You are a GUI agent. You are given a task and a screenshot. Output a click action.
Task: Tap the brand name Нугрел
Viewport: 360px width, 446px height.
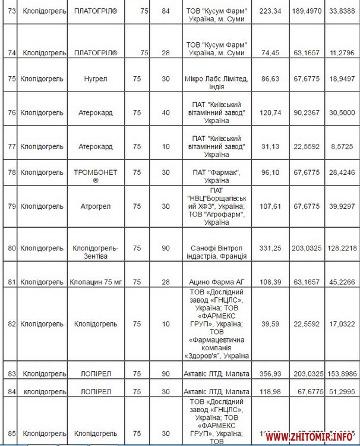pos(96,78)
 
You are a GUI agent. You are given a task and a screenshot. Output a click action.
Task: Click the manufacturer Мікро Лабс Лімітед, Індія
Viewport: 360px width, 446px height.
pos(216,78)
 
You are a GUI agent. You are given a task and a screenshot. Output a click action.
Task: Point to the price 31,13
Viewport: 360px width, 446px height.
pos(270,146)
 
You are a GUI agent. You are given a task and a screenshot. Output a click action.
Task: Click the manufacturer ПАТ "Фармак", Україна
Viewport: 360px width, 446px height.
pos(216,176)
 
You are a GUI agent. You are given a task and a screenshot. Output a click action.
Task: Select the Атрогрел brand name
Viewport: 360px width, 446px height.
pos(96,206)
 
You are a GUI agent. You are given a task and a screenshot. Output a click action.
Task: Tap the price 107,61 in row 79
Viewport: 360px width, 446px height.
pos(270,206)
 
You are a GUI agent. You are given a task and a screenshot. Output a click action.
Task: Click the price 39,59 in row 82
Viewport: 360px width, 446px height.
pos(270,324)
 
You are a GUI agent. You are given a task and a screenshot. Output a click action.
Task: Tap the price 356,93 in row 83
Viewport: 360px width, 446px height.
pos(270,373)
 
